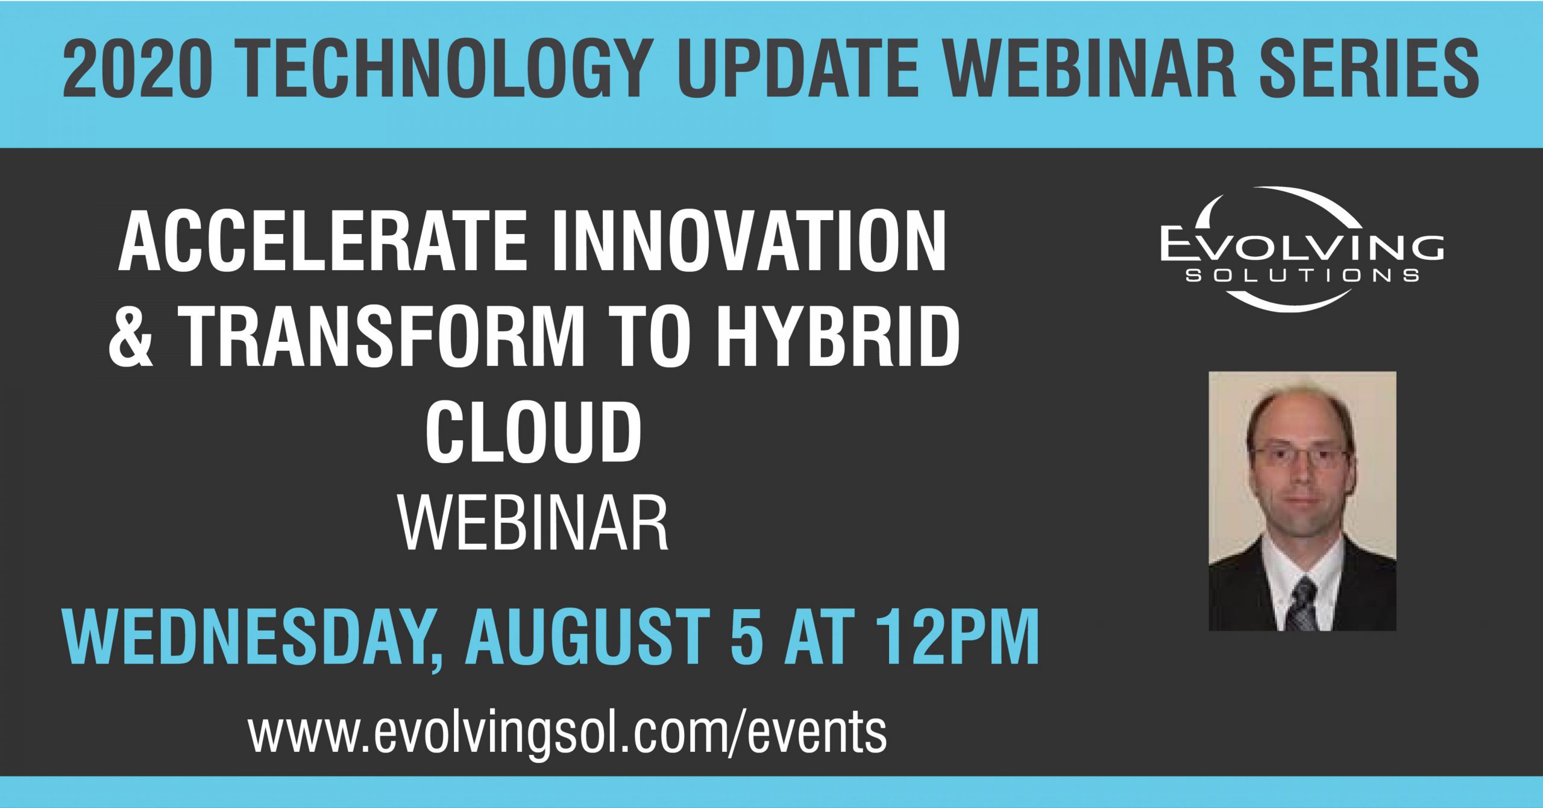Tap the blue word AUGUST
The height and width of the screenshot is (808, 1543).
coord(588,636)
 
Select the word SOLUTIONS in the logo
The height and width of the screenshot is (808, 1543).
coord(1302,276)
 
